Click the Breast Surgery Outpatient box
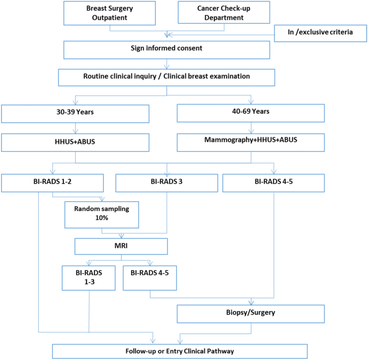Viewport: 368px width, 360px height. [110, 13]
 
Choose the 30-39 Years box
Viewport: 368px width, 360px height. [75, 113]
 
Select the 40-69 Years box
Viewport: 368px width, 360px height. [250, 113]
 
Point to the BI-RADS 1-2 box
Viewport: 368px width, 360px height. [52, 182]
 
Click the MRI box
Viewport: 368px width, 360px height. [122, 247]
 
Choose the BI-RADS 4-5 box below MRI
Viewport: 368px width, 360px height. [150, 277]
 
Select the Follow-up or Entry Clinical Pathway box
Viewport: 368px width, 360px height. [179, 351]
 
